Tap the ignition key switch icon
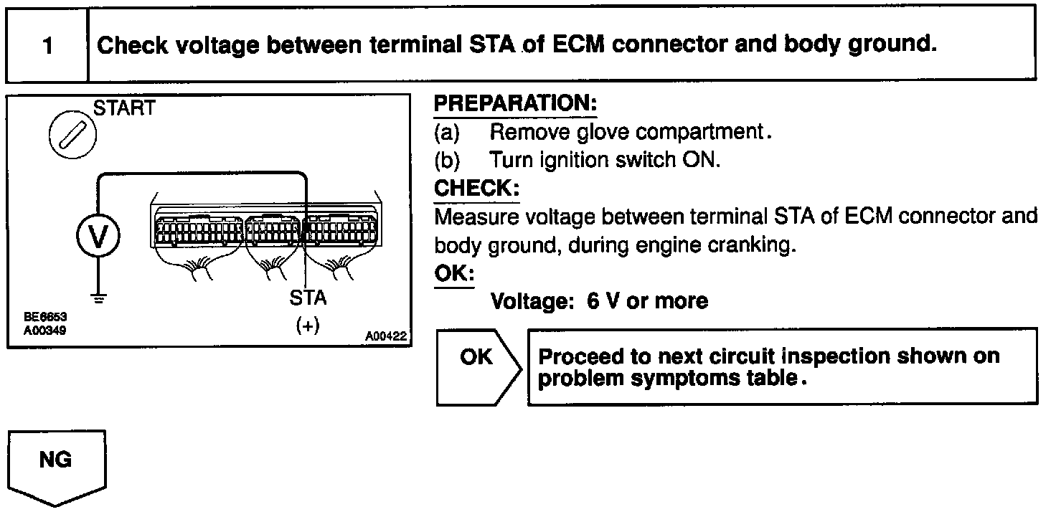point(72,136)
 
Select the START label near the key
point(125,109)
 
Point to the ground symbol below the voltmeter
point(98,297)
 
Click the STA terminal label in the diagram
point(308,298)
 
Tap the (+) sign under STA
point(307,325)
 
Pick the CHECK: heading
point(476,189)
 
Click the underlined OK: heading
point(453,274)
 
